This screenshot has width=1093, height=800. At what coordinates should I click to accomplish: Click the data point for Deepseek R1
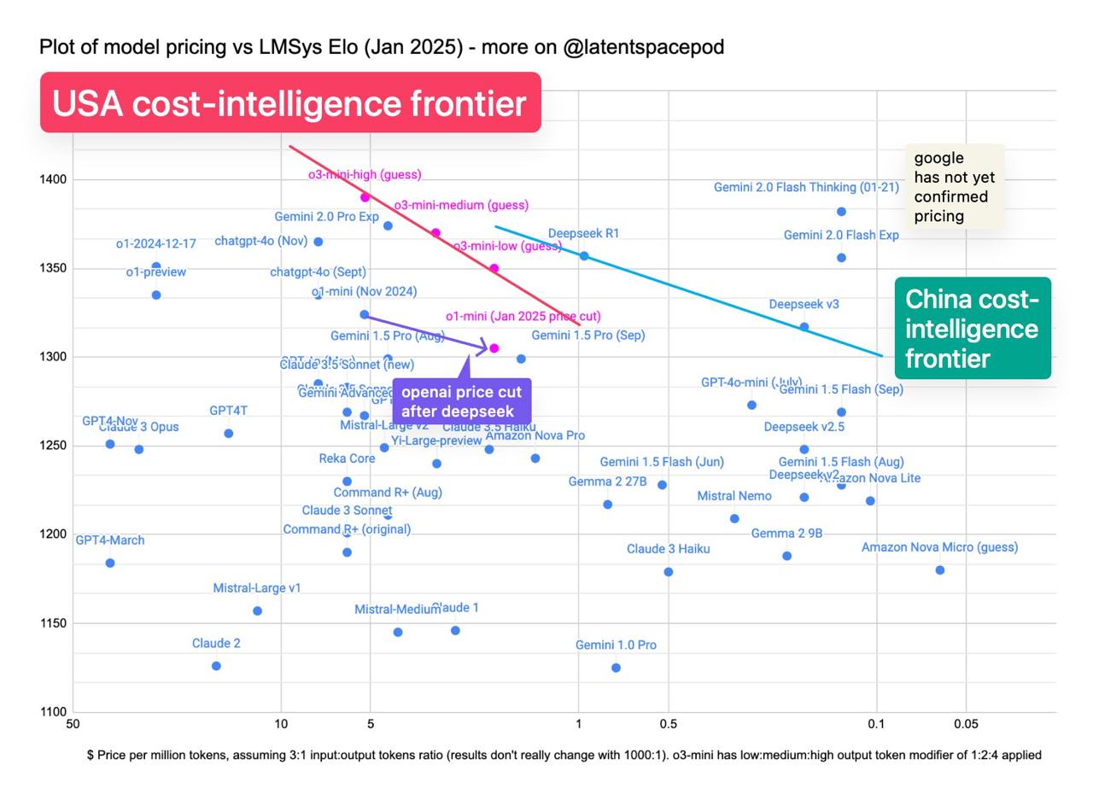click(584, 255)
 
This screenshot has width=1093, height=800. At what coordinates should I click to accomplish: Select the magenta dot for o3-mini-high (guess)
click(365, 197)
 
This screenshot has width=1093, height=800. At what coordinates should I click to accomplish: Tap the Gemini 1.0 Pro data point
click(616, 668)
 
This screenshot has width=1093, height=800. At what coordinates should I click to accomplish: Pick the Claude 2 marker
click(216, 666)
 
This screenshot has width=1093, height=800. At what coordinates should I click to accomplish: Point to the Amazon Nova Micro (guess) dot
click(940, 570)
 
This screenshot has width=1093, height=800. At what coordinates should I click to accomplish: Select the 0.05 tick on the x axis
click(966, 724)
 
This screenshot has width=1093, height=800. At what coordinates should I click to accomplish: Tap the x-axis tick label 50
click(73, 724)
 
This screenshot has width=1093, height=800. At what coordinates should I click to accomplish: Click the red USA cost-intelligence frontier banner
click(290, 102)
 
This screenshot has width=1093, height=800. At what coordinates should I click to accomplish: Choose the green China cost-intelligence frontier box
click(973, 328)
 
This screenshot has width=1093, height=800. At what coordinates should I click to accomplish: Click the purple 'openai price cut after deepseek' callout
click(461, 401)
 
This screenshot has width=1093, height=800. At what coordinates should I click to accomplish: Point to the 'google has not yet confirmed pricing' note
click(954, 186)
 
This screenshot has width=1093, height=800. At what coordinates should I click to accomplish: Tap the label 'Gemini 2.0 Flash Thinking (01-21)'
click(806, 187)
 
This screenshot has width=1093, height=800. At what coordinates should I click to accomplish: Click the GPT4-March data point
click(110, 563)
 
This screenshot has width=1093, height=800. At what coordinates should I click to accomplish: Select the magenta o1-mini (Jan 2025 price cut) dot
click(494, 348)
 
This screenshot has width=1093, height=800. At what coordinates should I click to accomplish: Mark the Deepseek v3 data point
click(804, 327)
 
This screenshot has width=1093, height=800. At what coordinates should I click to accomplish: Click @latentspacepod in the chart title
click(643, 47)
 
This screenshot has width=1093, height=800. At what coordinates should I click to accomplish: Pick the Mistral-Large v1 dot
click(257, 610)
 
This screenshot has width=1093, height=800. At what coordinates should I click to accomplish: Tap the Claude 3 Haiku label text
click(668, 549)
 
